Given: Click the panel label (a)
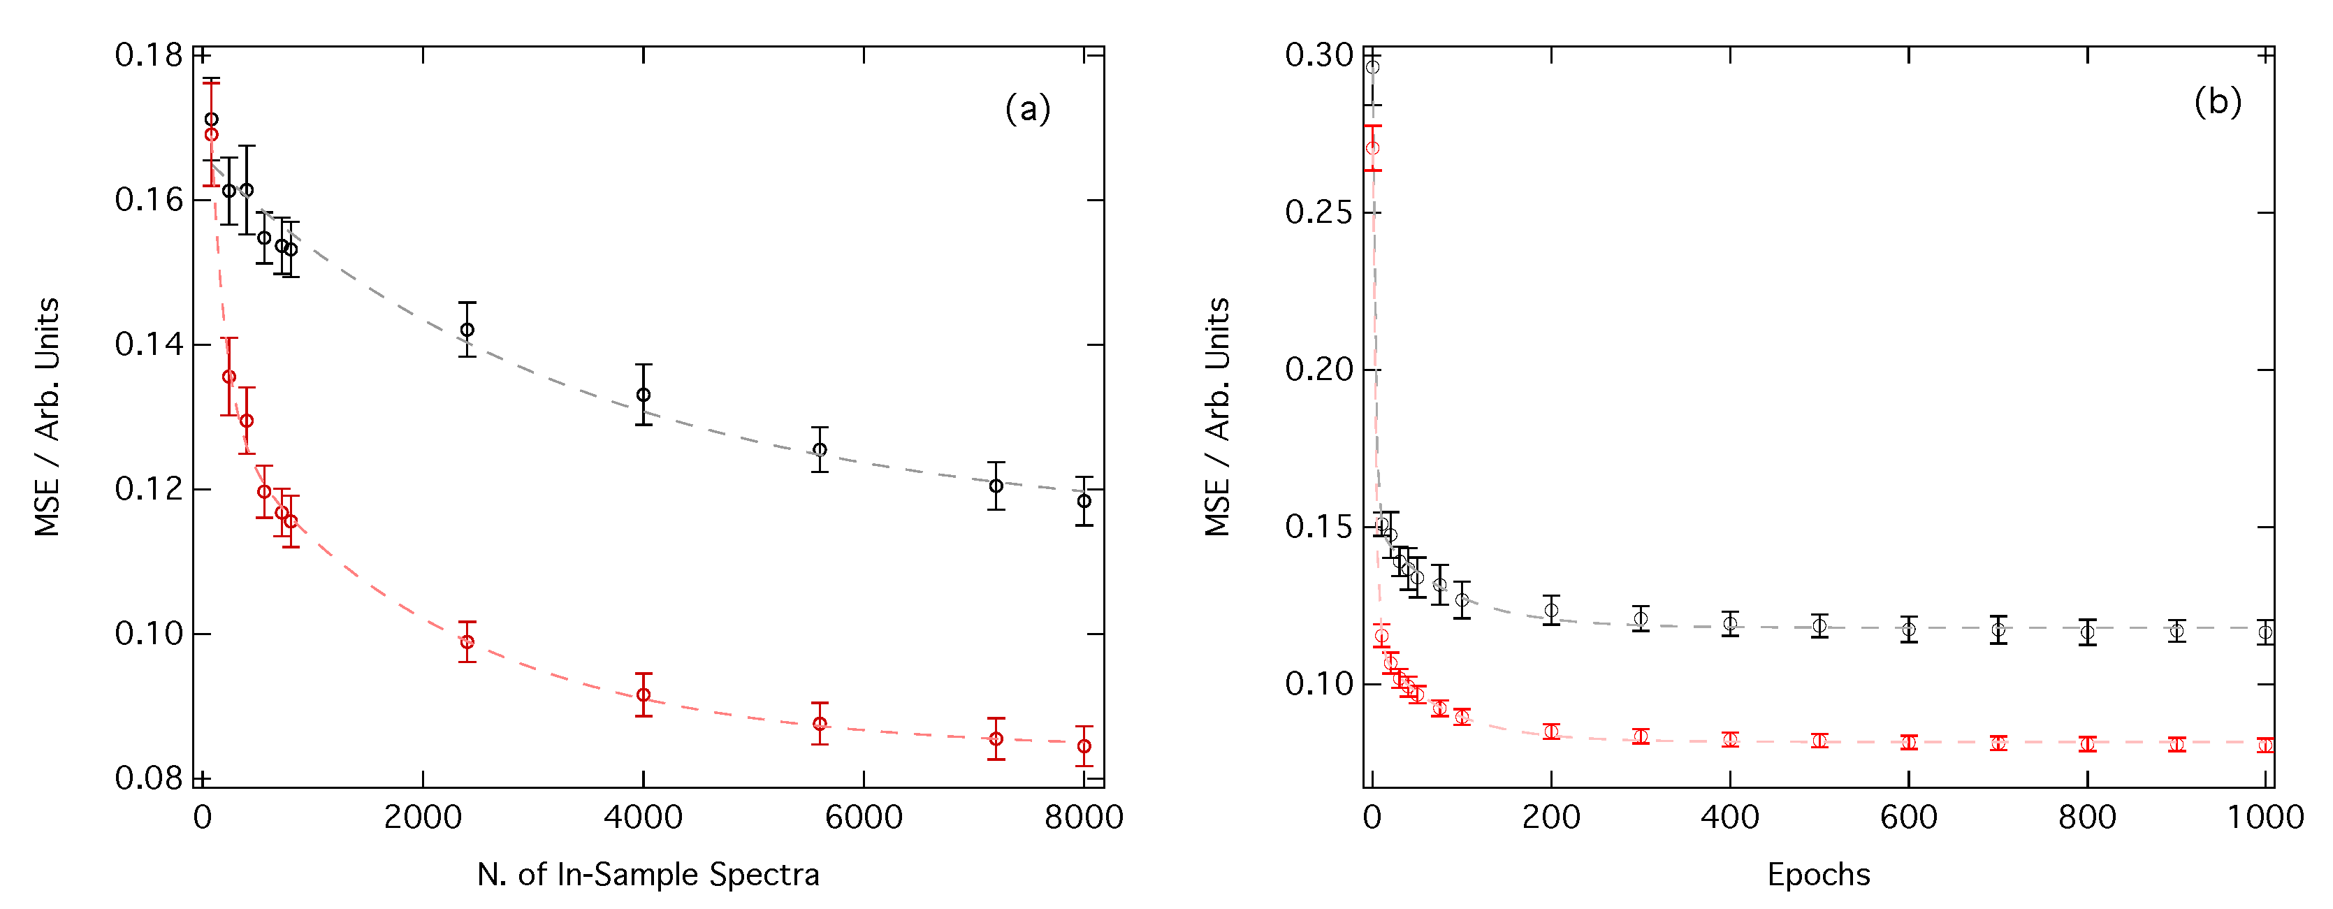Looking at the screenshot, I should click(1027, 110).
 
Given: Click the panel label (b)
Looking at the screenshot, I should click(2217, 101).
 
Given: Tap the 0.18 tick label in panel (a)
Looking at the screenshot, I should click(150, 55).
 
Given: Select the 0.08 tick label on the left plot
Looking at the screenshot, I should click(150, 778).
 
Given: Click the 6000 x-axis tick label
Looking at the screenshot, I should click(863, 818).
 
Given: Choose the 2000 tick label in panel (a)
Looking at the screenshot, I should click(423, 818).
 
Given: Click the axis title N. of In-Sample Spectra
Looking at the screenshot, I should click(648, 875).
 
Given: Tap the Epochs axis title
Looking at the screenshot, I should click(1819, 875).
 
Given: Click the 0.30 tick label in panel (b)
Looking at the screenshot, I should click(1318, 55).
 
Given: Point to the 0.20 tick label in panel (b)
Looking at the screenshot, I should click(1318, 370).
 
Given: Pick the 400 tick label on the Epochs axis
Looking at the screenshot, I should click(1730, 818).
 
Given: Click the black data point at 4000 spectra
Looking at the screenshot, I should click(643, 395).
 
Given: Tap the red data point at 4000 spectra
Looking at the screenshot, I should click(643, 695).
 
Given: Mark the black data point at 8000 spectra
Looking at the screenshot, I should click(1084, 502).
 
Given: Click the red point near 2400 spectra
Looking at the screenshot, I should click(467, 643).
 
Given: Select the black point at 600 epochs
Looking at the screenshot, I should click(1908, 630).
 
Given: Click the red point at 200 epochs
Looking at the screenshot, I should click(1551, 732).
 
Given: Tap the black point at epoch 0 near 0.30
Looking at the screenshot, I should click(1373, 68).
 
